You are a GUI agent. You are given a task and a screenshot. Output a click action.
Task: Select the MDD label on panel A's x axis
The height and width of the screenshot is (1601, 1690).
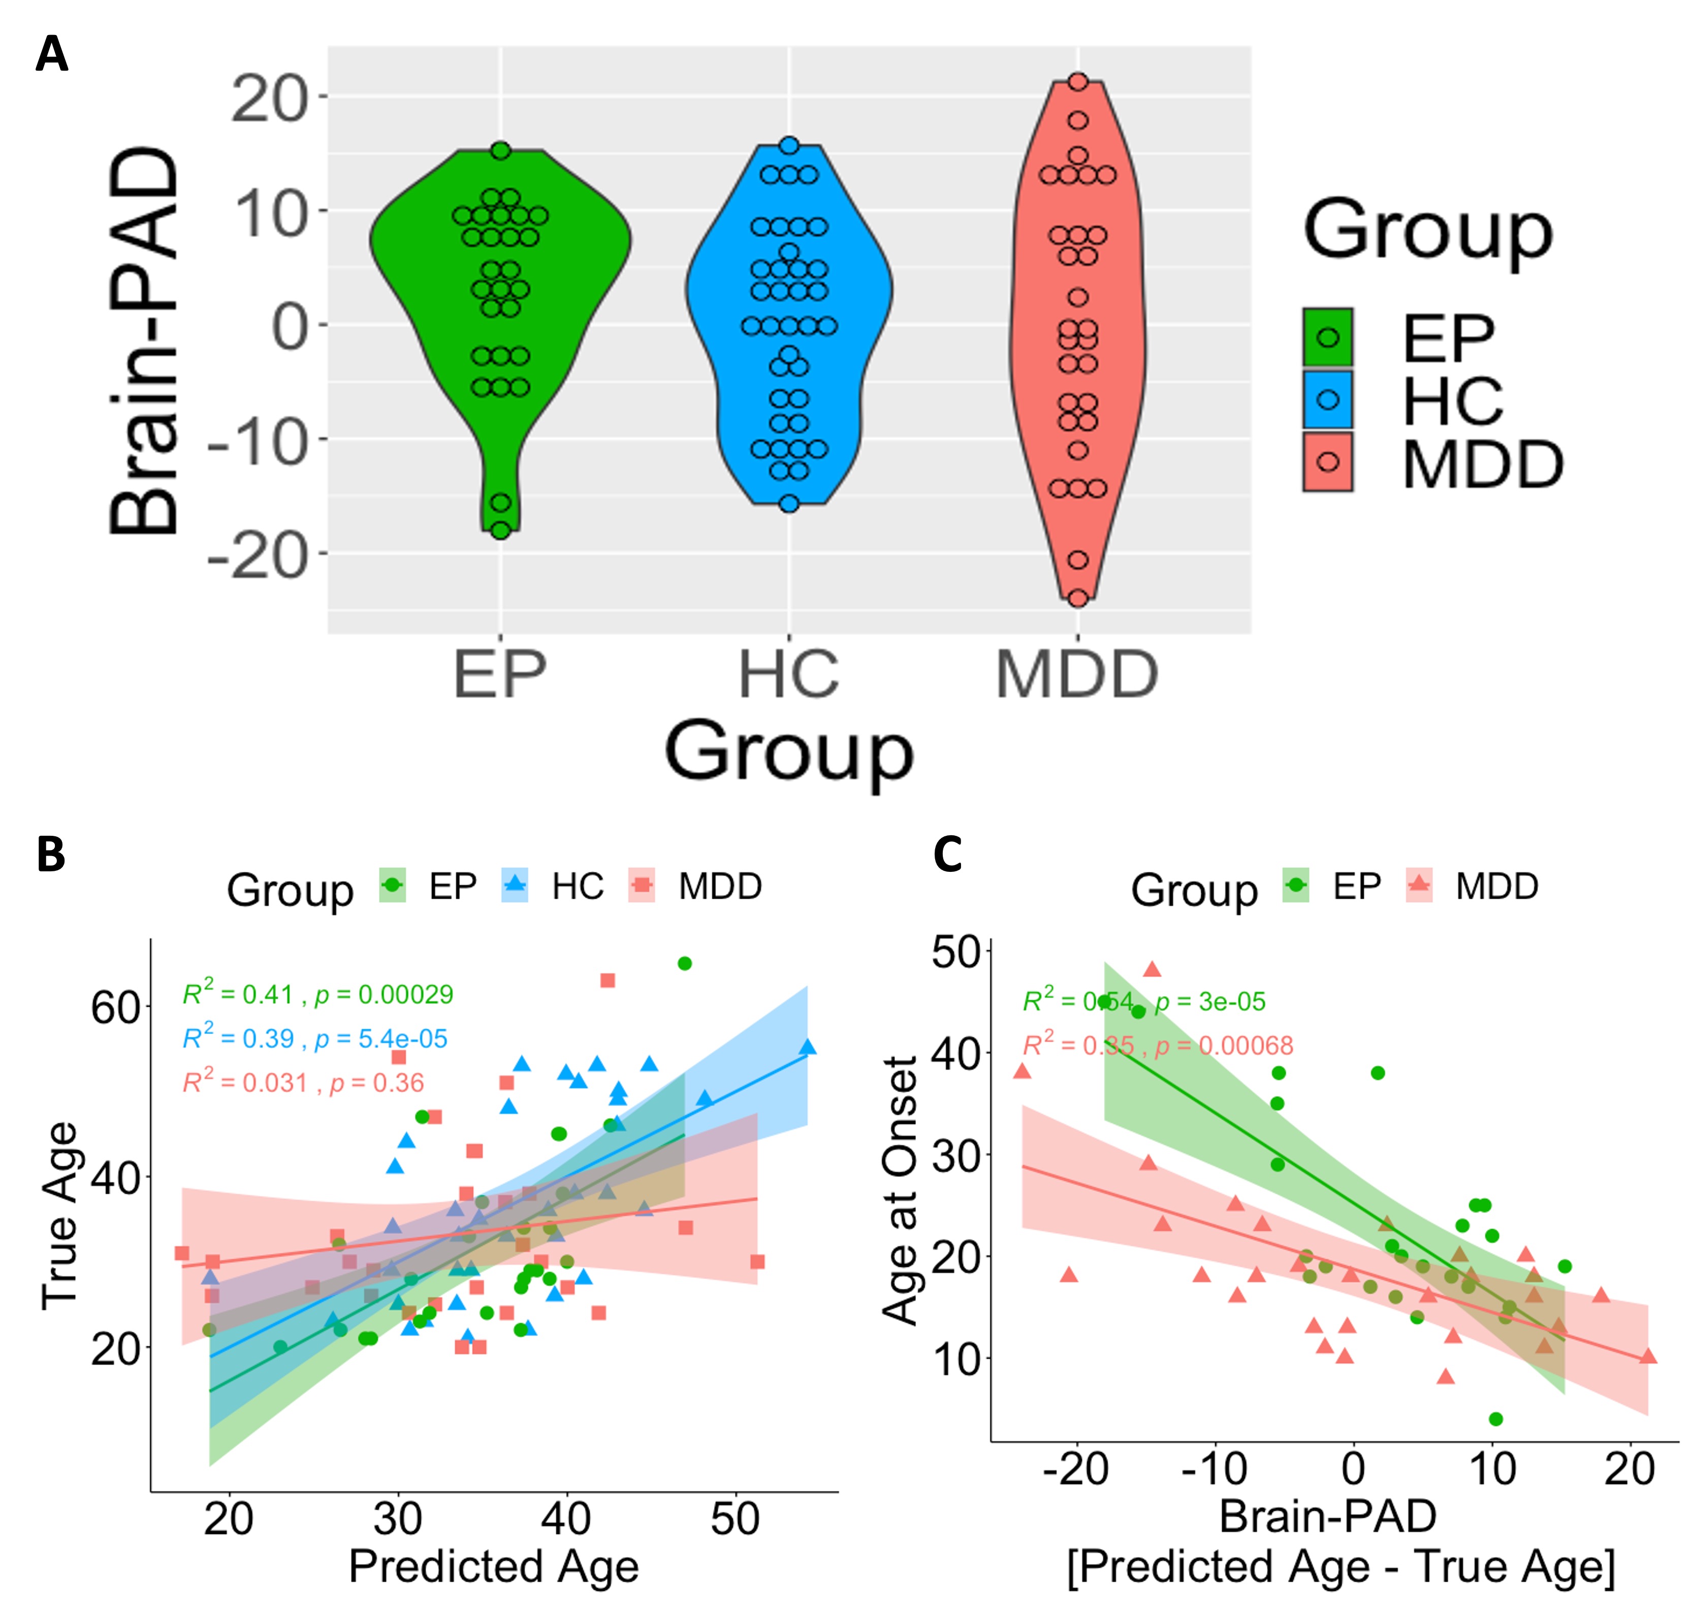(1077, 675)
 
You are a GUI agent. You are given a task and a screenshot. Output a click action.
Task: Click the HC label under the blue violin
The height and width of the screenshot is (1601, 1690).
(789, 675)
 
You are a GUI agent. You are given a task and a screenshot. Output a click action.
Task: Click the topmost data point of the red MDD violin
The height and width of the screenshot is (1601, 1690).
(1078, 82)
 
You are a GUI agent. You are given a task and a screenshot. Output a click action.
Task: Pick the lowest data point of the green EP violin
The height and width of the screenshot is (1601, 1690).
(501, 530)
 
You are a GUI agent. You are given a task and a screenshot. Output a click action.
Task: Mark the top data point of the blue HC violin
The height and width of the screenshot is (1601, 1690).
(789, 146)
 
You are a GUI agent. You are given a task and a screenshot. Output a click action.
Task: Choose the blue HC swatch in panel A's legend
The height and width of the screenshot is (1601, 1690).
(1327, 400)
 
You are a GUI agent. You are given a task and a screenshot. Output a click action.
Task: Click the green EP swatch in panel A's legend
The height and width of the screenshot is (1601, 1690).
(1327, 337)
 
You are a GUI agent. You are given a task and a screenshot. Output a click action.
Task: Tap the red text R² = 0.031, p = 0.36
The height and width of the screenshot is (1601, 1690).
(303, 1083)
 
